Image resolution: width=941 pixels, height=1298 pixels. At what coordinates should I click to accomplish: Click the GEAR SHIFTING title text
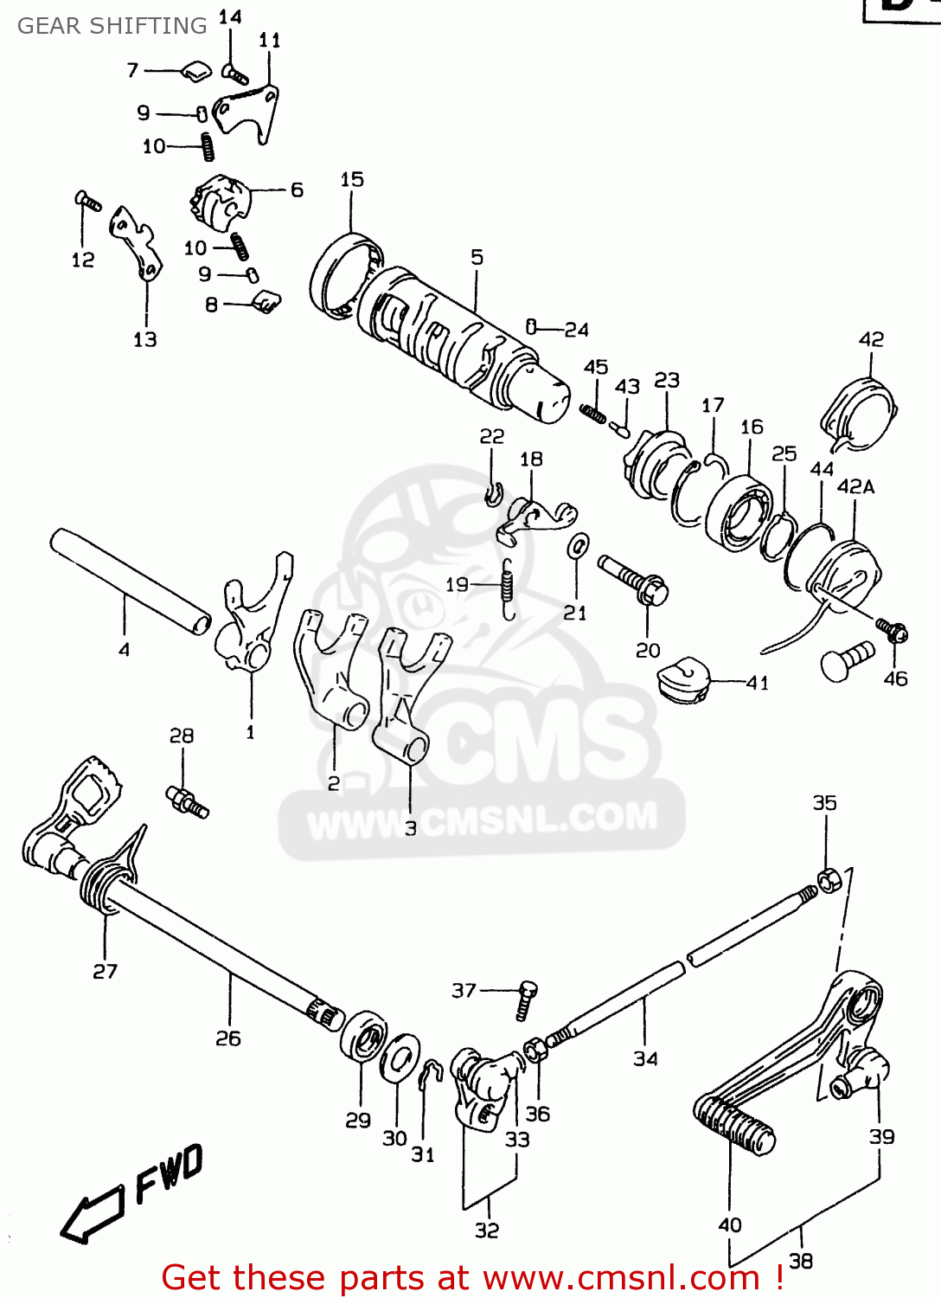pos(112,26)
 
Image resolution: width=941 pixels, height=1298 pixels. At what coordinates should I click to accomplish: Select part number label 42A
pos(855,487)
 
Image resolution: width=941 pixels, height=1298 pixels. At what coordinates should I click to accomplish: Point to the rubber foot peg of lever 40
pos(733,1123)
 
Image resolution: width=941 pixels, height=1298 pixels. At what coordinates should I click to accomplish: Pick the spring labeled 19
pos(509,588)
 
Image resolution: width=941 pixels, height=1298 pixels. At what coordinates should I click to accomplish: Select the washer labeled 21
pos(578,547)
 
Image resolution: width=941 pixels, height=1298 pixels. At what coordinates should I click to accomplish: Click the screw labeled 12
pos(87,202)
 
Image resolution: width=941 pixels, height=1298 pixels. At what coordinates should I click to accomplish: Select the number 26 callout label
pos(228,1038)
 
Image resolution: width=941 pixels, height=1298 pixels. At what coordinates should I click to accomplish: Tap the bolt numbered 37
pos(527,1000)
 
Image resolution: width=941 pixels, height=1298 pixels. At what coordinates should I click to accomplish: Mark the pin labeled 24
pos(531,327)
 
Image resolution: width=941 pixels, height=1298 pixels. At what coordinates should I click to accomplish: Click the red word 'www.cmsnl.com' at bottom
pos(619,1277)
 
